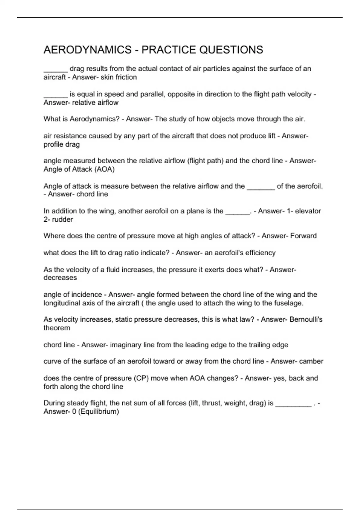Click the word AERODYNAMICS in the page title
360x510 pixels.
coord(87,50)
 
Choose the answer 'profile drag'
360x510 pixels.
coord(61,144)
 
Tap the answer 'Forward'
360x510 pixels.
coord(303,236)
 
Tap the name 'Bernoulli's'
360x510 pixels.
coord(306,319)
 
